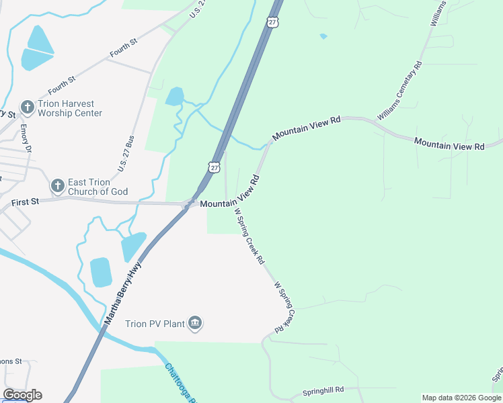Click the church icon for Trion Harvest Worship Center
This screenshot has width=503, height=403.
(x=27, y=106)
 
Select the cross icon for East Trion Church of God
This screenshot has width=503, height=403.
(x=58, y=185)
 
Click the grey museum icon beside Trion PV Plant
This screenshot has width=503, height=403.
(x=195, y=324)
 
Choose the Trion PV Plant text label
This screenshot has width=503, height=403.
(x=155, y=324)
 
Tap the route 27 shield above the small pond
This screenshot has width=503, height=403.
(x=272, y=22)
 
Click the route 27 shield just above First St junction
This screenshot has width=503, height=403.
(x=213, y=167)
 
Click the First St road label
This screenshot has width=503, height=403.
(x=26, y=201)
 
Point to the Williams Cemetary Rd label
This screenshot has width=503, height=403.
(x=399, y=91)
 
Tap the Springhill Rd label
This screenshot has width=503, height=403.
(x=323, y=389)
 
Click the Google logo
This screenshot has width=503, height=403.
(x=22, y=395)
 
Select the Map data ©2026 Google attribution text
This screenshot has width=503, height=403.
(x=461, y=398)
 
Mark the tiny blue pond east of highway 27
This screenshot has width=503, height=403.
(x=323, y=36)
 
